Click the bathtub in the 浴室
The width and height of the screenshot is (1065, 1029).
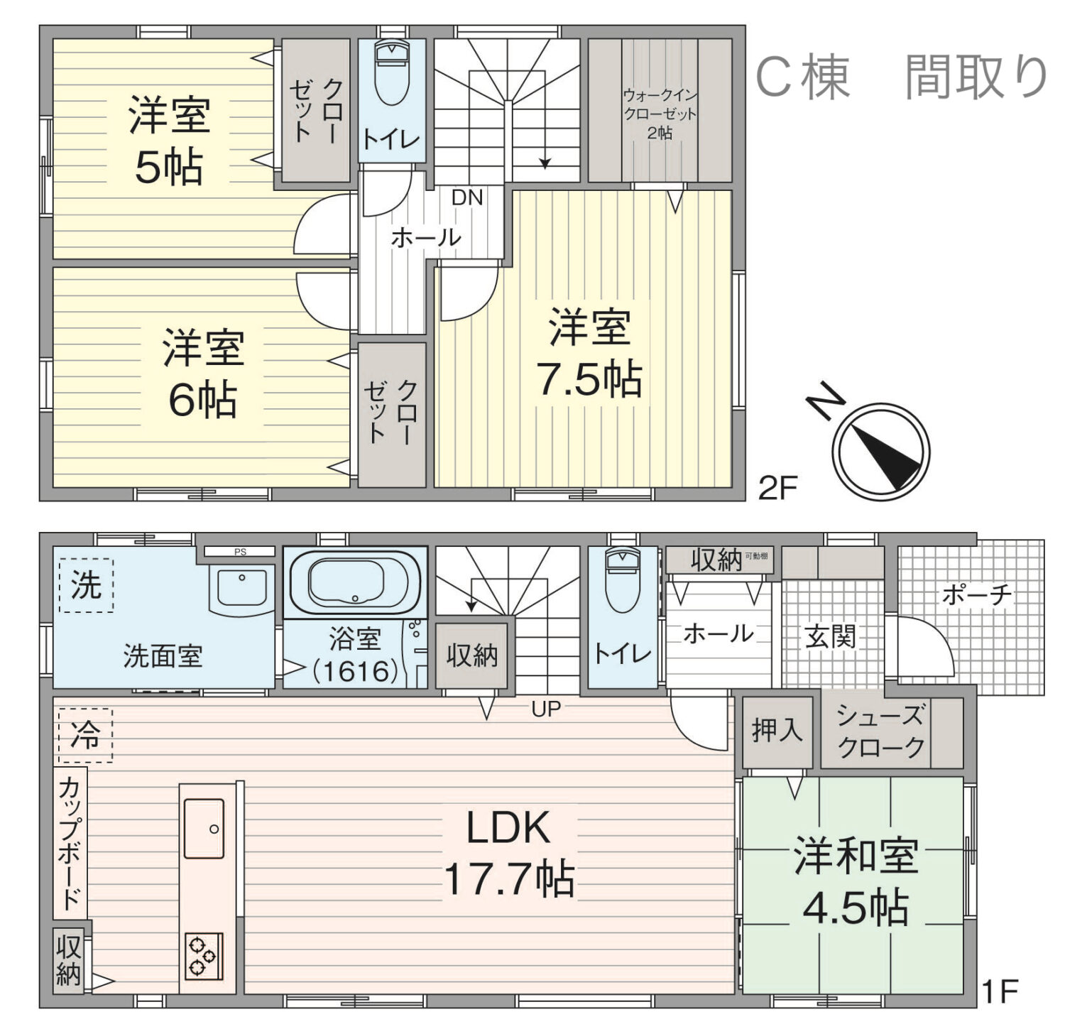pyautogui.click(x=356, y=582)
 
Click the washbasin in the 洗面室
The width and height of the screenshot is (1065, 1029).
pyautogui.click(x=241, y=588)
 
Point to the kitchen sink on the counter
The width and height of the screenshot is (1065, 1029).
pyautogui.click(x=204, y=828)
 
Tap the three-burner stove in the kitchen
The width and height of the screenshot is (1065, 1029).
pyautogui.click(x=204, y=956)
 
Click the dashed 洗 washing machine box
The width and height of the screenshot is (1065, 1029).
pyautogui.click(x=86, y=585)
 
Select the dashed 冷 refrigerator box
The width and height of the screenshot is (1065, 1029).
pyautogui.click(x=84, y=735)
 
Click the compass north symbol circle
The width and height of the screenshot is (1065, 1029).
pyautogui.click(x=880, y=451)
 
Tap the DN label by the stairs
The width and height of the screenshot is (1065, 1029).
pyautogui.click(x=467, y=197)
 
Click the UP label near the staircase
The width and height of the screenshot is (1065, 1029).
pyautogui.click(x=546, y=708)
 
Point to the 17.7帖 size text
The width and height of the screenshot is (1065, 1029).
pyautogui.click(x=509, y=878)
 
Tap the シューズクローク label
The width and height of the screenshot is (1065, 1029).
pyautogui.click(x=880, y=731)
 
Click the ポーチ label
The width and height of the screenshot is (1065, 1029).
pyautogui.click(x=977, y=595)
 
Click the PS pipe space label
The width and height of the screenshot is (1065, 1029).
pyautogui.click(x=240, y=552)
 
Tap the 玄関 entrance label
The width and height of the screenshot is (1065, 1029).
pyautogui.click(x=830, y=636)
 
